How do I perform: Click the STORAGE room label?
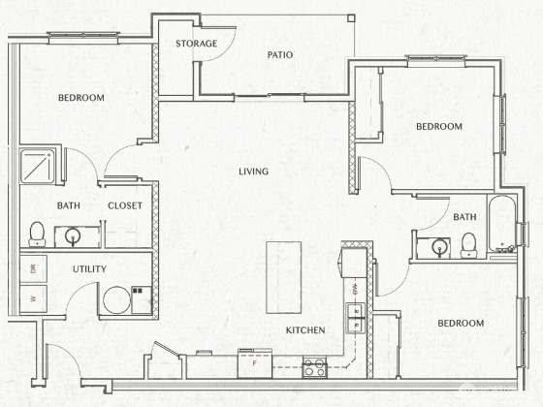(x=196, y=44)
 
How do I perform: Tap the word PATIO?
(x=280, y=54)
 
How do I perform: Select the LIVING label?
(x=253, y=172)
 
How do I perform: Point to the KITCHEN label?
(x=305, y=330)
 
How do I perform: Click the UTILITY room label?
(x=89, y=269)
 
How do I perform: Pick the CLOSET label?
(x=125, y=205)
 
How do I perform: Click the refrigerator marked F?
(x=255, y=363)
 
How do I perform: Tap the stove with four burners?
(x=314, y=367)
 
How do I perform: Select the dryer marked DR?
(x=33, y=269)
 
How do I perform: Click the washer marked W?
(x=33, y=298)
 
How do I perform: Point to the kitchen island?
(x=283, y=277)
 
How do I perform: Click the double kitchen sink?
(x=355, y=318)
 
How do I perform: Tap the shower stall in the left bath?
(x=38, y=166)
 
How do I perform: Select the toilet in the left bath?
(x=37, y=234)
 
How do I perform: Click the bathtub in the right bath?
(x=501, y=224)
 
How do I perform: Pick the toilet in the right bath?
(x=469, y=245)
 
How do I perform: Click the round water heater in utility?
(x=117, y=299)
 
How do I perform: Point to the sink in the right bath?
(x=439, y=247)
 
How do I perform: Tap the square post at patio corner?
(x=351, y=18)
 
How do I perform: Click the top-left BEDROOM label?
(x=81, y=98)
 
